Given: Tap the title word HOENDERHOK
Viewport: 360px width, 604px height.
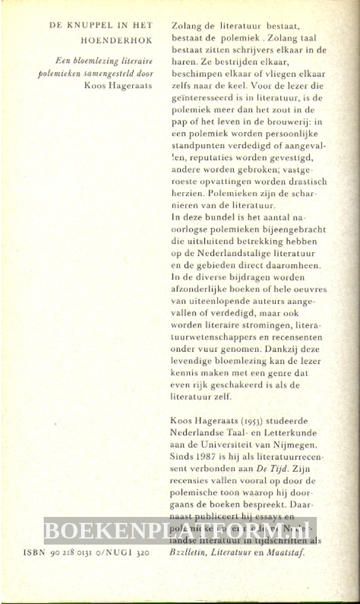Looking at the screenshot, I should click(x=116, y=41).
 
